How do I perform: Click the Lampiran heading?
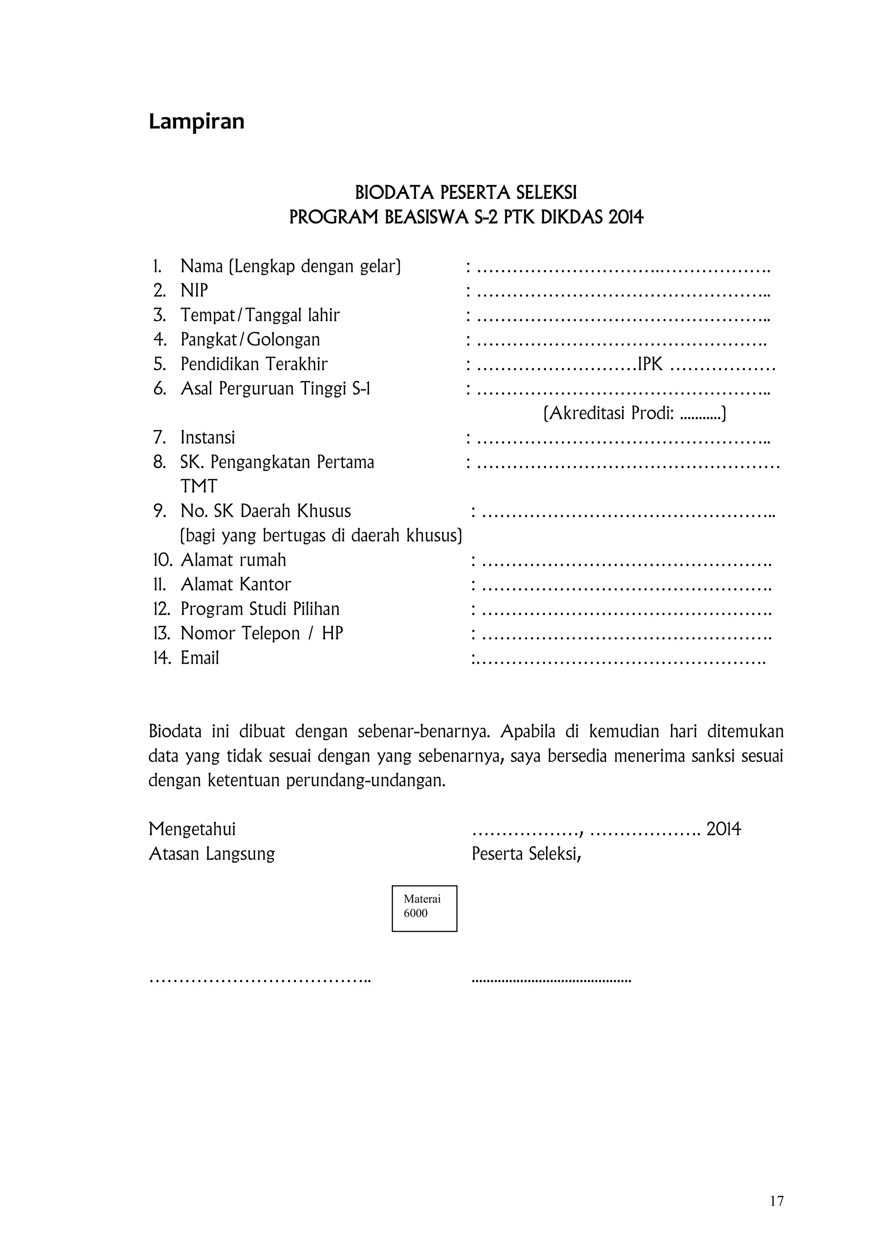196,122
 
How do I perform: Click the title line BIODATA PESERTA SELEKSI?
466,193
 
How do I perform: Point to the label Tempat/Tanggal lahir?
260,315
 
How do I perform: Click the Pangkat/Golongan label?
250,340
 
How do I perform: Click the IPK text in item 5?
650,364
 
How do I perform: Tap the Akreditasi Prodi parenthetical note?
634,413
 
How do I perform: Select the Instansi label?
208,438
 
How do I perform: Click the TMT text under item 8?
199,487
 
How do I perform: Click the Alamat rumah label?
233,560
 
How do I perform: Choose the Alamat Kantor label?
236,585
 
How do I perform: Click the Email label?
199,658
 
